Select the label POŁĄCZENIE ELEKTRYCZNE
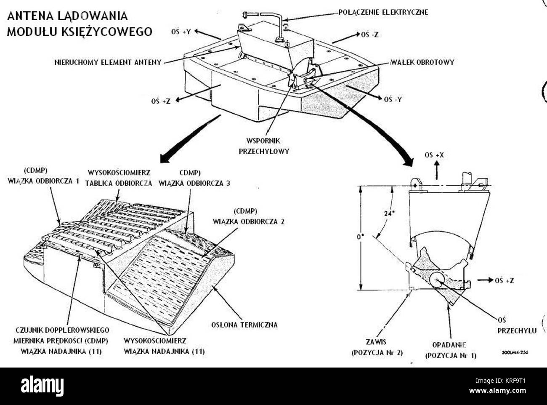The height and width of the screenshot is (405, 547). pyautogui.click(x=383, y=12)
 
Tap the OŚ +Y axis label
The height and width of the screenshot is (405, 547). pyautogui.click(x=181, y=32)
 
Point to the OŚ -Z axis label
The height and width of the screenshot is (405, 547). pyautogui.click(x=369, y=35)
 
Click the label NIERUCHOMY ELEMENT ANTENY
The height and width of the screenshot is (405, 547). pyautogui.click(x=108, y=62)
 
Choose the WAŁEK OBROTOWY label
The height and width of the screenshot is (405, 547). pyautogui.click(x=422, y=62)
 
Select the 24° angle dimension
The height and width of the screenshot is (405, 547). pyautogui.click(x=390, y=213)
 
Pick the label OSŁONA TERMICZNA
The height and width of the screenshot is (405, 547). pyautogui.click(x=244, y=325)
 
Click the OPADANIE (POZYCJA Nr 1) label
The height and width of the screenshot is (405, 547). pyautogui.click(x=451, y=349)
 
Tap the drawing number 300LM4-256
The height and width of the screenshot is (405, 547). pyautogui.click(x=515, y=353)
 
